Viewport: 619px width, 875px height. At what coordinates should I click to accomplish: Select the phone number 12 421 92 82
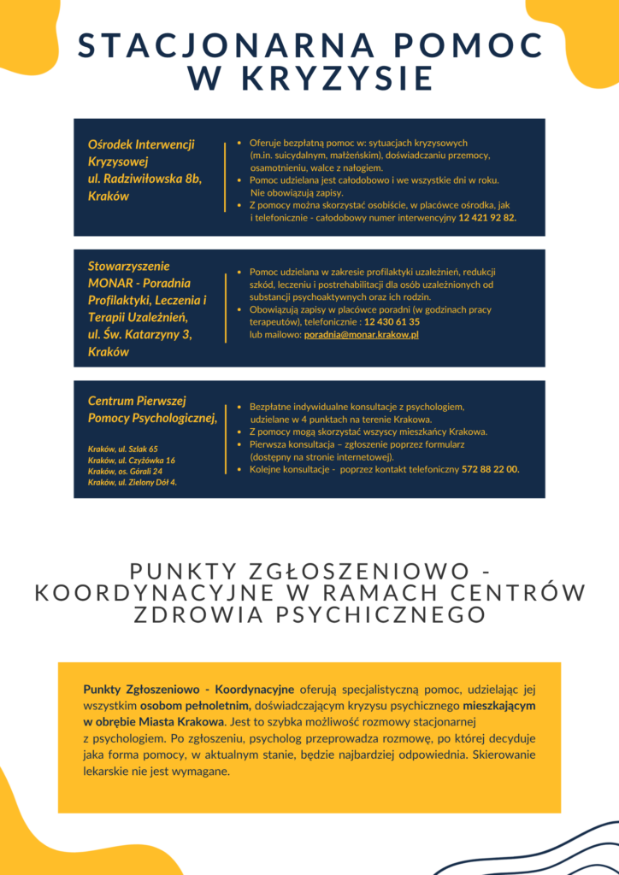tap(487, 218)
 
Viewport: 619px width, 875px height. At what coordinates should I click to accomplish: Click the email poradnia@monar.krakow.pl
tap(362, 335)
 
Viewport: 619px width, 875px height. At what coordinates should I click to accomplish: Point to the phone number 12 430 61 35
tap(392, 322)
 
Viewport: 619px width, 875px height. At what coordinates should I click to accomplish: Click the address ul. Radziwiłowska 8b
tap(144, 179)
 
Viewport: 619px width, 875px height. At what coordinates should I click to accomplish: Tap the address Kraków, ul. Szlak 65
tap(123, 449)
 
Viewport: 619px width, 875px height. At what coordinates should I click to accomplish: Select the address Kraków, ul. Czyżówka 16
tap(132, 460)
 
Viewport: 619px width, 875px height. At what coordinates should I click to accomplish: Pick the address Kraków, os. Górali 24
tap(126, 471)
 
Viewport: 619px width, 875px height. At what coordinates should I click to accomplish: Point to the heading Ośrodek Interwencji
tap(141, 144)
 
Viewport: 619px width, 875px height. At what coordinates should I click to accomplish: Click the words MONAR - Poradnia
tap(139, 283)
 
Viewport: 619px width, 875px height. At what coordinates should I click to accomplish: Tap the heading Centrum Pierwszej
tap(137, 400)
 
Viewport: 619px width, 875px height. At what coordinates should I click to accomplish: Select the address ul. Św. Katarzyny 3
tap(140, 334)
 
